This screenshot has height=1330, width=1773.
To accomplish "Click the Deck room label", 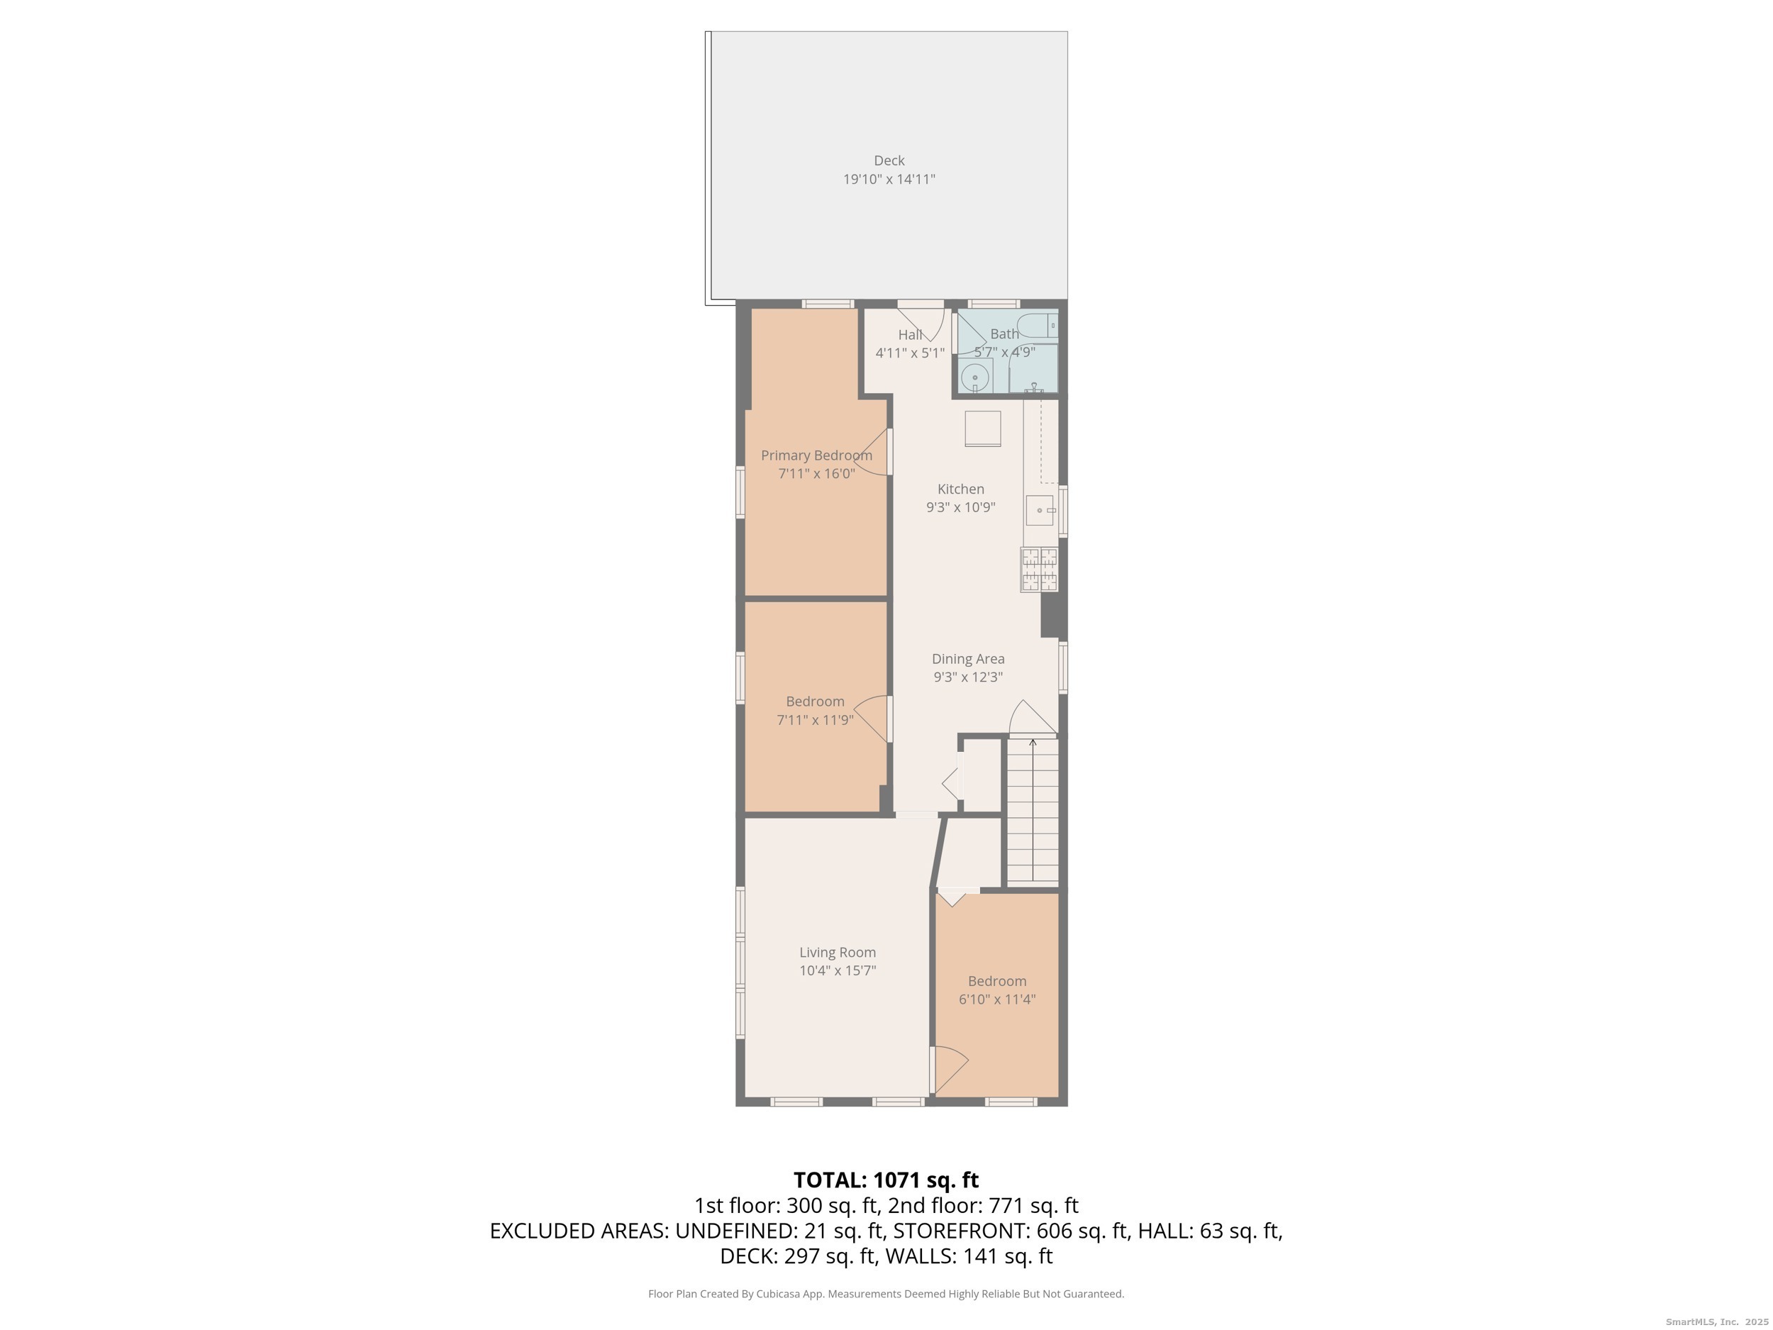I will pos(889,160).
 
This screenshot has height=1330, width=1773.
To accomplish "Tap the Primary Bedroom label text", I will pos(816,455).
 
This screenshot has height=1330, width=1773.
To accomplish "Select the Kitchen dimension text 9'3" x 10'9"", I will pos(960,507).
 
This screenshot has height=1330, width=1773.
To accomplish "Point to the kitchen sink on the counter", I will pos(1040,511).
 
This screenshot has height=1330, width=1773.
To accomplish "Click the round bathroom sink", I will pos(974,377).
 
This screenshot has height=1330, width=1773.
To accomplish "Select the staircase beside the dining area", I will pos(1033,811).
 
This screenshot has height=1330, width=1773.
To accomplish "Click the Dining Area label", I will pos(967,659).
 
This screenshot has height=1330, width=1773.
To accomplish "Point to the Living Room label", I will pos(837,953).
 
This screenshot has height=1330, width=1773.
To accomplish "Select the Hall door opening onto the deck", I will pos(922,321).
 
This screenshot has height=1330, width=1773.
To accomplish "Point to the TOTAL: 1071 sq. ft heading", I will pos(886,1180).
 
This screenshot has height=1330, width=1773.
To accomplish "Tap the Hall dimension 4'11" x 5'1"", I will pos(910,353).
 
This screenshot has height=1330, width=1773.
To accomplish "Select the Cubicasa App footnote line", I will pos(886,1293).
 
